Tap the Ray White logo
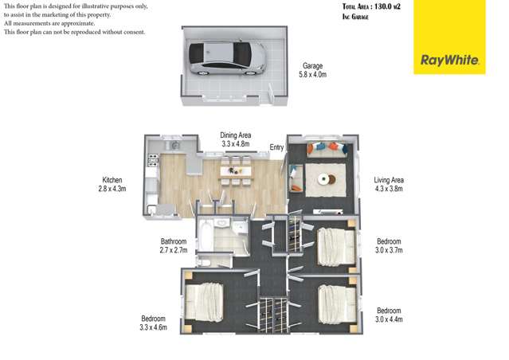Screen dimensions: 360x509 point(448,60)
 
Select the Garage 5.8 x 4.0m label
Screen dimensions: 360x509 point(312,70)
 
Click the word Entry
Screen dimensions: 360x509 point(276,147)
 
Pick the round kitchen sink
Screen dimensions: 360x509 point(173,147)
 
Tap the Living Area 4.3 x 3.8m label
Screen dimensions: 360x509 point(388,185)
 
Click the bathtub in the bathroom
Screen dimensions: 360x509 point(204,237)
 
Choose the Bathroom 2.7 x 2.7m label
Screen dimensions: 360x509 point(173,245)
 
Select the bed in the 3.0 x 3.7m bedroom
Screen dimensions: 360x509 point(335,246)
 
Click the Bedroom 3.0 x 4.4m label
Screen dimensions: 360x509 point(388,315)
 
